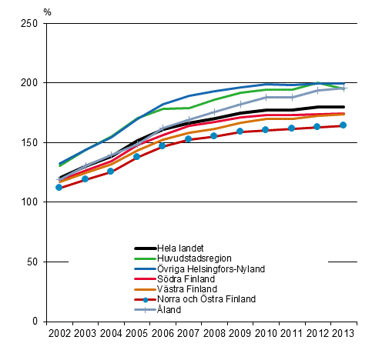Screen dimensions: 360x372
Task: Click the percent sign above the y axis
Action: pyautogui.click(x=48, y=11)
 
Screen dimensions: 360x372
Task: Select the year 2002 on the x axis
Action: pyautogui.click(x=59, y=332)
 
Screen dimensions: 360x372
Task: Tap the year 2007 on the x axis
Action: pyautogui.click(x=189, y=332)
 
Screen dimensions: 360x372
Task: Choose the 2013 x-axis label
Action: pyautogui.click(x=344, y=332)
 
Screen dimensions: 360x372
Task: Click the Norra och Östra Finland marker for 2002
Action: pyautogui.click(x=59, y=188)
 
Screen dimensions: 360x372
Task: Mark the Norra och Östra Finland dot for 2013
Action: pyautogui.click(x=344, y=125)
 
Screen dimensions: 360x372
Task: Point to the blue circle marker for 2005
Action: pyautogui.click(x=137, y=157)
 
